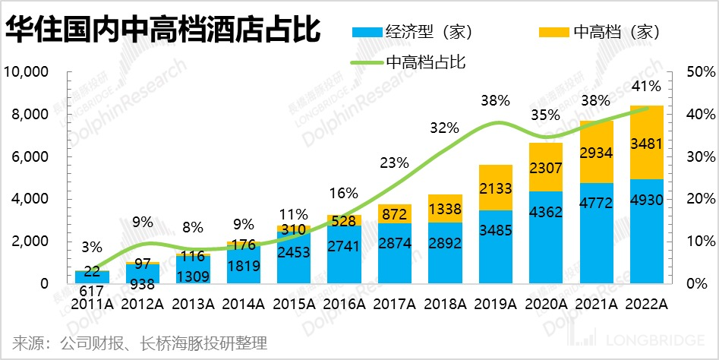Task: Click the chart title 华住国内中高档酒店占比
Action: pyautogui.click(x=162, y=32)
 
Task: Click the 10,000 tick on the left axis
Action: pyautogui.click(x=27, y=73)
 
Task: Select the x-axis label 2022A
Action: pyautogui.click(x=645, y=305)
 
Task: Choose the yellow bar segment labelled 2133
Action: pyautogui.click(x=495, y=188)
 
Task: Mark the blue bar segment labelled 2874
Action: pyautogui.click(x=395, y=252)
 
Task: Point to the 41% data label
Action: pyautogui.click(x=647, y=87)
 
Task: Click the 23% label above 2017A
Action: pyautogui.click(x=395, y=163)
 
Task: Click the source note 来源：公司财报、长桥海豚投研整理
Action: pyautogui.click(x=140, y=343)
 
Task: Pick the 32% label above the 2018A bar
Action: pyautogui.click(x=445, y=128)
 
